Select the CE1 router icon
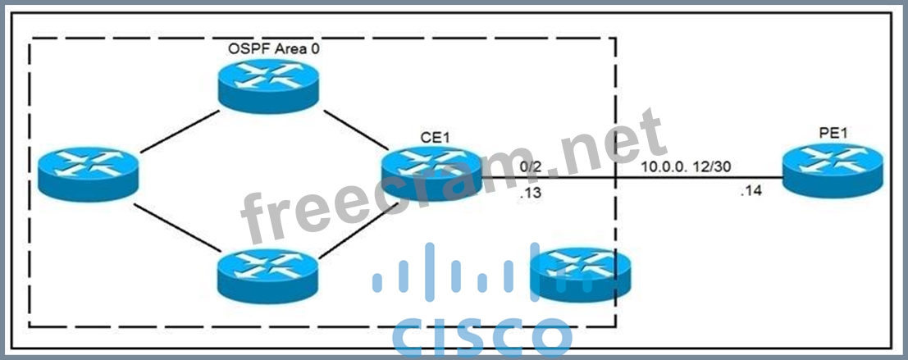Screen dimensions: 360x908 coord(430,175)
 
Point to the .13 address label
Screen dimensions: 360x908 coord(530,194)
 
